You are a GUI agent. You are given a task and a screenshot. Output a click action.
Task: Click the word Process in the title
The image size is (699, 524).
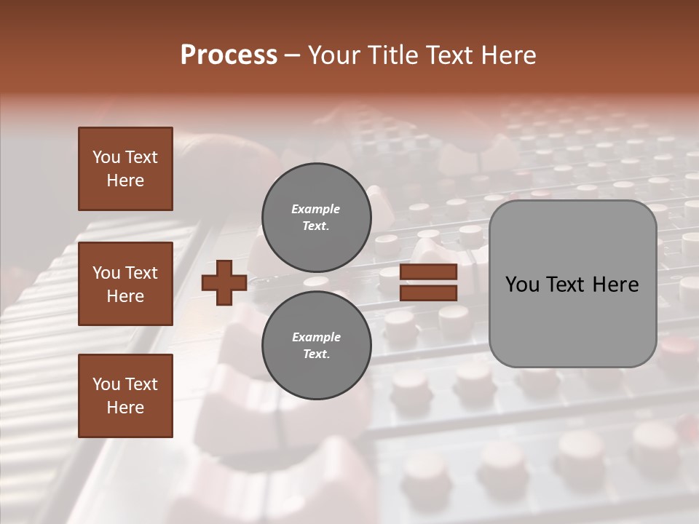click(x=229, y=55)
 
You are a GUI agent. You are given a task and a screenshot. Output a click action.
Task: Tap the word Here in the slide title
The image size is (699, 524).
click(x=507, y=55)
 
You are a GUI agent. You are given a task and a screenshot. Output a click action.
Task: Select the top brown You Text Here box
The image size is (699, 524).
click(x=125, y=169)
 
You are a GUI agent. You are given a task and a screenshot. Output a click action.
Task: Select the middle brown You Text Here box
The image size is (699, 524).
click(x=125, y=284)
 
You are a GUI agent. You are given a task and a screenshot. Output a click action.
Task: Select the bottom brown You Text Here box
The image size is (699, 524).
click(x=125, y=395)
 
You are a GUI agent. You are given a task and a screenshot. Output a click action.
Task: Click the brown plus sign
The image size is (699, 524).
click(x=224, y=282)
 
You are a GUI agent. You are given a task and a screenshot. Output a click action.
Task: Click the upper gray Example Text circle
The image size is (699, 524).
click(x=316, y=218)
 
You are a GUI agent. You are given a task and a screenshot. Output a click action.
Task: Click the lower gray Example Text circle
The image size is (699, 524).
click(x=316, y=346)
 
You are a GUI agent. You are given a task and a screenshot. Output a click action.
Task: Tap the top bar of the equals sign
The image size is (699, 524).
click(x=428, y=271)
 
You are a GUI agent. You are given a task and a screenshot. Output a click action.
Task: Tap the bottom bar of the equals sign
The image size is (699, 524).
click(x=428, y=293)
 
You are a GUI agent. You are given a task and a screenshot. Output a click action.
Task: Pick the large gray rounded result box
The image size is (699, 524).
click(x=572, y=320)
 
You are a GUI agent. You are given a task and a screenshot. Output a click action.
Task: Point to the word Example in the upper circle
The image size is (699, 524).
click(x=315, y=209)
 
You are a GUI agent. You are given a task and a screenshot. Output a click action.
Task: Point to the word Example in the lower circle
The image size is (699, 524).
click(x=316, y=337)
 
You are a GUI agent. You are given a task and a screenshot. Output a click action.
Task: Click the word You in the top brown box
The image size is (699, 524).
click(x=106, y=157)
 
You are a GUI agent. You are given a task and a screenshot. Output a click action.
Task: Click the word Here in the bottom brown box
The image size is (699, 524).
click(x=125, y=408)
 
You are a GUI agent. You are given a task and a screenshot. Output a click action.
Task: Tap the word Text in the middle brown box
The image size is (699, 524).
click(x=141, y=273)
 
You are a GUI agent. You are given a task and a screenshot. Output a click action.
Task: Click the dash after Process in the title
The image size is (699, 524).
click(x=293, y=55)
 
